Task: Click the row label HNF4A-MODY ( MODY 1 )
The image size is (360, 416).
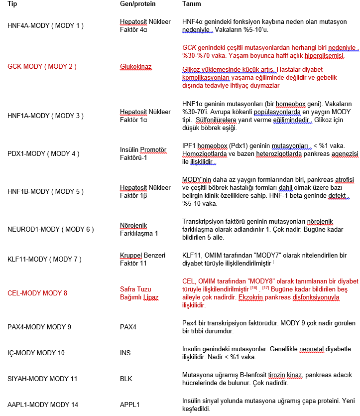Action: (x=45, y=25)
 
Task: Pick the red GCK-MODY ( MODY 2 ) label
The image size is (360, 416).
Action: (x=42, y=66)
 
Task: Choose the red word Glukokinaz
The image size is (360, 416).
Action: (x=135, y=66)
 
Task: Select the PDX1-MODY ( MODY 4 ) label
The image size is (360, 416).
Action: (x=43, y=153)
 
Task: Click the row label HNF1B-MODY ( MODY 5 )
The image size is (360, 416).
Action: (x=45, y=191)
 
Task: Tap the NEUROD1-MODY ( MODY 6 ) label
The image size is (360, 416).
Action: (x=51, y=229)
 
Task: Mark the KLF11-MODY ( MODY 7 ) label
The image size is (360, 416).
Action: (x=44, y=259)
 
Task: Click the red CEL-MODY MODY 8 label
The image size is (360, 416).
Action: (x=37, y=293)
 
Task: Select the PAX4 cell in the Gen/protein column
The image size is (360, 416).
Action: (x=128, y=327)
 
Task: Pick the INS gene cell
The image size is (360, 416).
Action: (x=125, y=353)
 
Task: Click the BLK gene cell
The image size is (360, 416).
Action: (x=126, y=379)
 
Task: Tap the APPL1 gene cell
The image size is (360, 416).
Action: (x=130, y=405)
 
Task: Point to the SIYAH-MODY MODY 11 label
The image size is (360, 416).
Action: (x=42, y=379)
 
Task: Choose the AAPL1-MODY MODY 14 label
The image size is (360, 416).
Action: (x=43, y=405)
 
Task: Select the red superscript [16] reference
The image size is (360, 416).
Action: (x=253, y=287)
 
